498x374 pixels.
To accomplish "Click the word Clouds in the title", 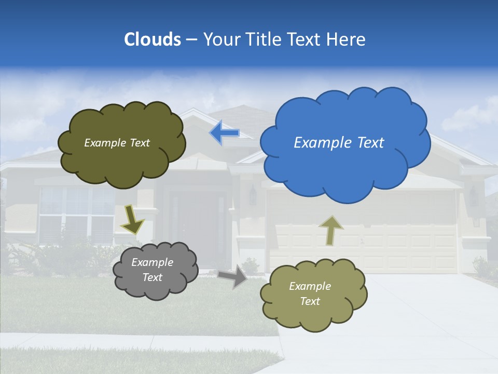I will pyautogui.click(x=152, y=39).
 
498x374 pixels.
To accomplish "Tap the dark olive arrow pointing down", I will pyautogui.click(x=132, y=220).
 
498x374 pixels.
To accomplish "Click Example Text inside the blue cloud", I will pyautogui.click(x=339, y=143).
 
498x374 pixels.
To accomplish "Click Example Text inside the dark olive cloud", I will pyautogui.click(x=117, y=143).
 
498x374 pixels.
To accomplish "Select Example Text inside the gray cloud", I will pyautogui.click(x=152, y=270).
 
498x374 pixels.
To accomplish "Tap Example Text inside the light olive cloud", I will pyautogui.click(x=310, y=293).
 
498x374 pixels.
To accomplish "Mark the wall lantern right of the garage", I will pyautogui.click(x=473, y=196).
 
